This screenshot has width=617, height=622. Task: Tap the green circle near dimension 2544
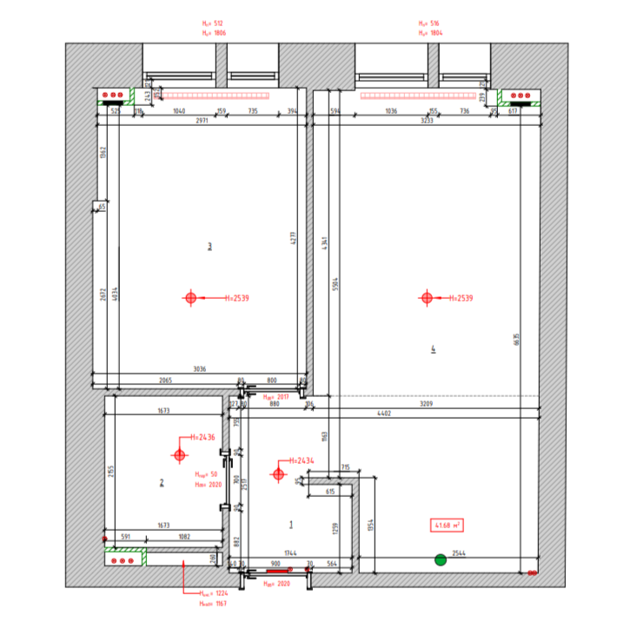click(441, 560)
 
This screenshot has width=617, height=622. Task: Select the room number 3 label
click(209, 246)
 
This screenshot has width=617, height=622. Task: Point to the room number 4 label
click(433, 349)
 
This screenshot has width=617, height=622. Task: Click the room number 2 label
click(162, 483)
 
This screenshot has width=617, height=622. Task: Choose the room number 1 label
click(291, 524)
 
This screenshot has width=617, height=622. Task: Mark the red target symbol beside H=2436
click(179, 454)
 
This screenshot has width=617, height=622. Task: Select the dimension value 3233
click(427, 120)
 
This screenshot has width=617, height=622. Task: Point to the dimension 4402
click(383, 414)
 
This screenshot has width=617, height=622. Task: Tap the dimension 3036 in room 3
click(200, 370)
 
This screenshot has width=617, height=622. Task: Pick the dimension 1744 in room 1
click(290, 553)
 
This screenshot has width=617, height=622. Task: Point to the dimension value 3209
click(426, 404)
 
